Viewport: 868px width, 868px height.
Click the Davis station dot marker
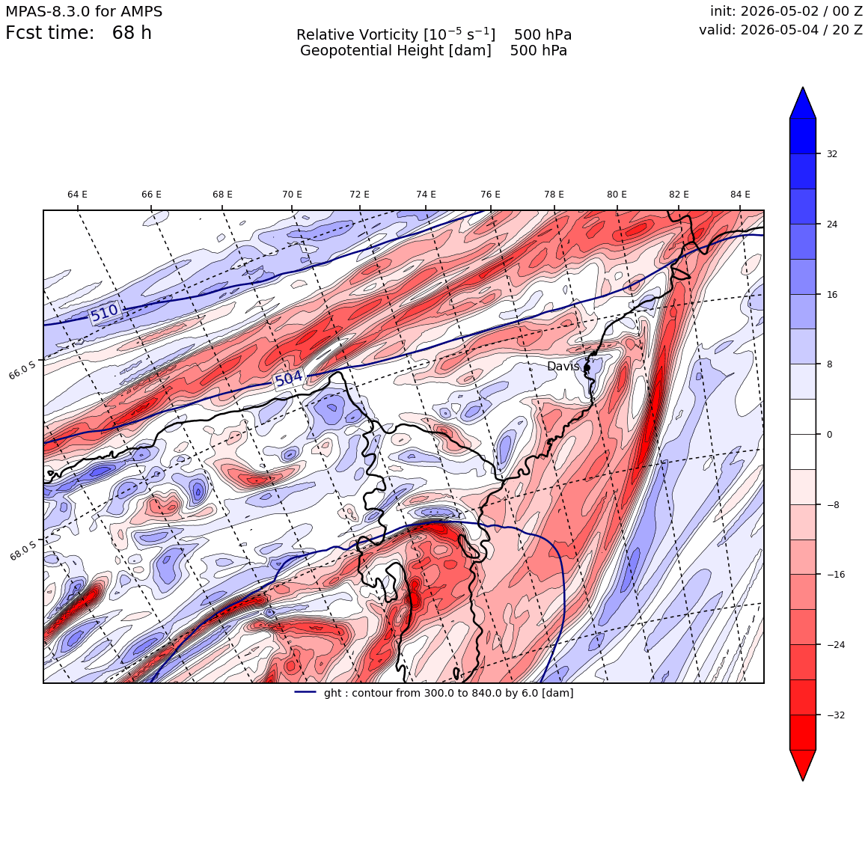pos(587,367)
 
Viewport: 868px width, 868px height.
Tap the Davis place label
pos(563,367)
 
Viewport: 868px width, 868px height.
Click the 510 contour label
pos(105,313)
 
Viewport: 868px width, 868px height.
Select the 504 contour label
pos(289,379)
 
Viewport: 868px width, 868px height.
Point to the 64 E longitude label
pos(78,195)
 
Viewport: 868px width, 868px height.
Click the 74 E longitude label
pos(426,195)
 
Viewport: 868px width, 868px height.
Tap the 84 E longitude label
pos(740,195)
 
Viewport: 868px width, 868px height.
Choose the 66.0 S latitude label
pos(22,369)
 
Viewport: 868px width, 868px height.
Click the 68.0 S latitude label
pos(22,550)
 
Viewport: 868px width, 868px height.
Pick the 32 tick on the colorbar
pos(831,154)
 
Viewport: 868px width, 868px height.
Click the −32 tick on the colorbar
pos(835,715)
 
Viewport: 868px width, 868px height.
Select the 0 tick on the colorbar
pos(829,435)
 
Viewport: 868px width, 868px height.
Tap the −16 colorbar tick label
pos(835,575)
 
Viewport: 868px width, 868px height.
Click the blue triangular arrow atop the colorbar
pos(803,103)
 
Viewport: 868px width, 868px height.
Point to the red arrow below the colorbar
pos(803,765)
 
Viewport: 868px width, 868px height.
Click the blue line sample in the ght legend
pos(305,692)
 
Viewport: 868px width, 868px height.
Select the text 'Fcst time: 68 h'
pos(78,33)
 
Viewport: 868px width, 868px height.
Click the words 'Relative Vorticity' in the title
pos(357,35)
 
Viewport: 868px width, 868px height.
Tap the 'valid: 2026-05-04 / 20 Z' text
pos(780,30)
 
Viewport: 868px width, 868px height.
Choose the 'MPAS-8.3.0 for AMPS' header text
pos(84,11)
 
